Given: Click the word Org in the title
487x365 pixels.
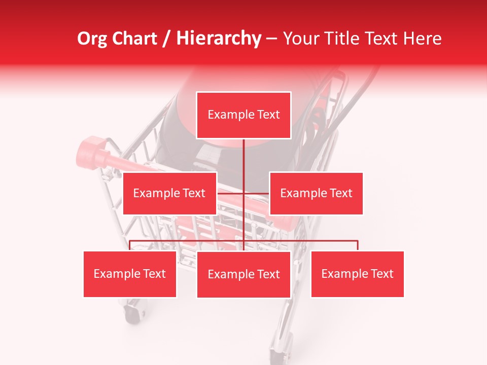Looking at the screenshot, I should pos(91,39).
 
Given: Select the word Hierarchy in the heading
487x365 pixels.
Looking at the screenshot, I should pos(218,39).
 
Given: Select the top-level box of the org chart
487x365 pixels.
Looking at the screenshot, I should pos(243,115).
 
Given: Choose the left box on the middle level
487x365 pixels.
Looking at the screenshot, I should pos(169,193).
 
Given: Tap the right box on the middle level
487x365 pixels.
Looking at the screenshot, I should pos(316,193).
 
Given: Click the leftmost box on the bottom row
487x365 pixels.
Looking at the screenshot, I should pos(130,274).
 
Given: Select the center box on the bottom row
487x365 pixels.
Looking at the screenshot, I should pos(243,274).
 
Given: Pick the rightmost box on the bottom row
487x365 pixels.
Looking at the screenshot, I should pos(357,274).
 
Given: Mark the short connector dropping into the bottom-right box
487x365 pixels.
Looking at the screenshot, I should pos(358,245).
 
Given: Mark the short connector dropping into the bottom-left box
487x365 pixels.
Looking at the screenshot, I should pos(130,245).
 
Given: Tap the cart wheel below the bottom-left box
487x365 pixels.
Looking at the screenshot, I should pos(133,310).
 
